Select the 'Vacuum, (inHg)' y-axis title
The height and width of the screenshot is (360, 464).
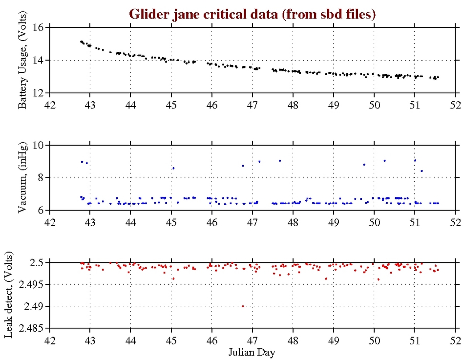point(22,178)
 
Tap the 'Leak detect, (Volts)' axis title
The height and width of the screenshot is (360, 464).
point(14,296)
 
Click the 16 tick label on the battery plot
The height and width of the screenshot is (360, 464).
point(38,27)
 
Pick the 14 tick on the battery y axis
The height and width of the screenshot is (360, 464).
point(38,60)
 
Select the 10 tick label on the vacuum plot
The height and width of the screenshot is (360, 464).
point(38,145)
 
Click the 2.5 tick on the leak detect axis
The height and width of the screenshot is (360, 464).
point(38,263)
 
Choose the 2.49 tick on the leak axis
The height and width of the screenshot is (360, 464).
point(35,306)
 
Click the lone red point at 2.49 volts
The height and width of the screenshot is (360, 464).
point(243,306)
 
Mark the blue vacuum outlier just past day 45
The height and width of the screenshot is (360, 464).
point(173,168)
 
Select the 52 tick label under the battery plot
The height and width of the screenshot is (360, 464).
point(455,104)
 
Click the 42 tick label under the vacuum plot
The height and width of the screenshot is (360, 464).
point(50,221)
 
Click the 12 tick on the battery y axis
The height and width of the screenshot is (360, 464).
point(38,93)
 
